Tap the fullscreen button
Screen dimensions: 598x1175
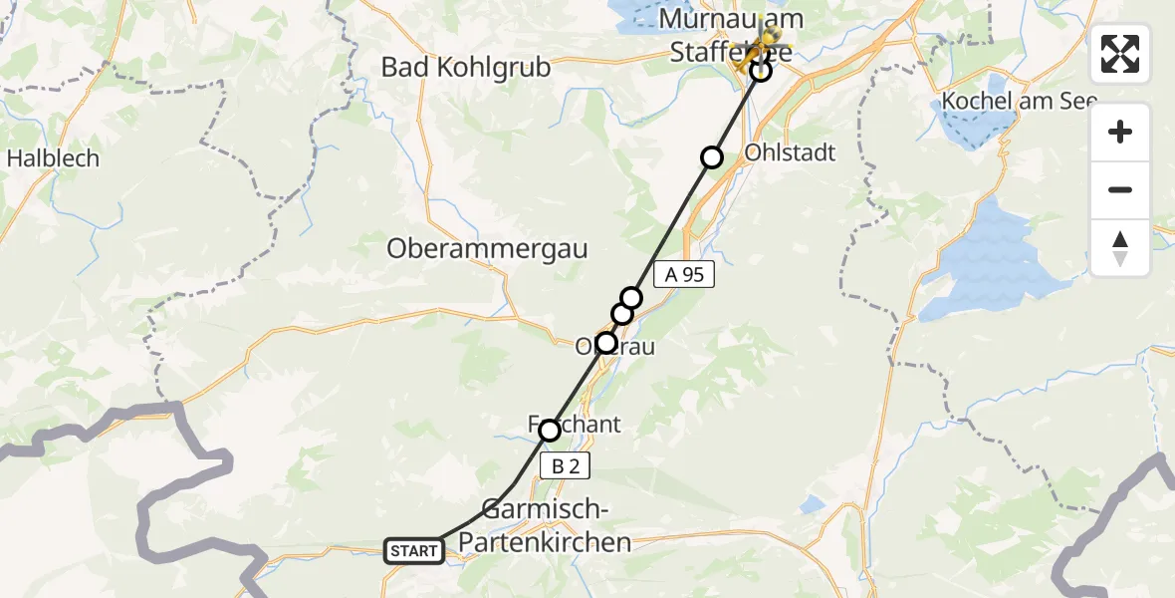1120,54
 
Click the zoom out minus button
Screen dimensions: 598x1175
1120,189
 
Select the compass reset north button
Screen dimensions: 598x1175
1120,248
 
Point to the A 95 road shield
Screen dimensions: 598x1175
684,275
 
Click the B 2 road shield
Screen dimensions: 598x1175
560,465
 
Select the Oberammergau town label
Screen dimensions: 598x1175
487,248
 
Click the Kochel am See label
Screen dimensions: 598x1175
1019,101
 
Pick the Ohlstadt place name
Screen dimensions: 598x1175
790,153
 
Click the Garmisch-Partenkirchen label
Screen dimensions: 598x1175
557,526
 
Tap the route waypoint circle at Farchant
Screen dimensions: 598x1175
549,431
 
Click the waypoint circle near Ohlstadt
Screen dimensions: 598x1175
712,156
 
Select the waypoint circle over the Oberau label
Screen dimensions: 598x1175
605,344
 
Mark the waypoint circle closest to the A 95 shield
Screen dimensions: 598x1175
632,297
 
